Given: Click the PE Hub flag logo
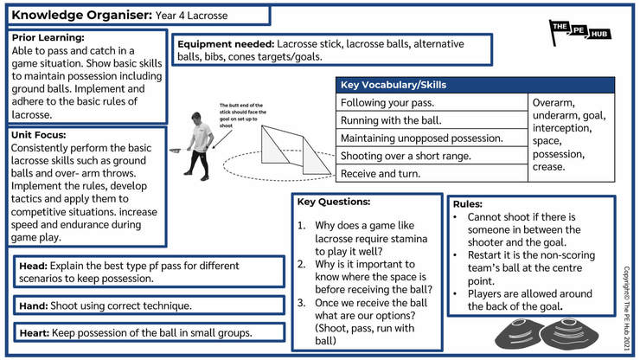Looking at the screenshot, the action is (x=579, y=32).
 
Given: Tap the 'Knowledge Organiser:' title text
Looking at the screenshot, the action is (x=81, y=15).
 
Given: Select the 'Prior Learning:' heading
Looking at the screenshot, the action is (x=48, y=37).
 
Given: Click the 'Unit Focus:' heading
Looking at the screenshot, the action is (x=38, y=135).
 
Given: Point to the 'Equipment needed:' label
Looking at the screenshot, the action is (x=226, y=44).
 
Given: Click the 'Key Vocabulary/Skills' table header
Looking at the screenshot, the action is (x=394, y=85).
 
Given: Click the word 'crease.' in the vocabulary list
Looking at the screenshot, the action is (x=548, y=167).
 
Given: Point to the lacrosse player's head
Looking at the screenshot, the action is (x=196, y=119).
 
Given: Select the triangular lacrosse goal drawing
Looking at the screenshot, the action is (x=296, y=150).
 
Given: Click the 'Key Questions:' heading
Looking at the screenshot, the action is (x=334, y=202).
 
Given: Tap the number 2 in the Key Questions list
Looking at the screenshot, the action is (x=301, y=265).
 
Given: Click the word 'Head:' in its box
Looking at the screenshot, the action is (x=34, y=266).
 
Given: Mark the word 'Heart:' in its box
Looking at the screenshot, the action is (x=35, y=333).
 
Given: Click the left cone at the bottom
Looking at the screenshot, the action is (x=519, y=334).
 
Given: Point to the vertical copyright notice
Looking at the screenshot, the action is (x=626, y=308).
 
